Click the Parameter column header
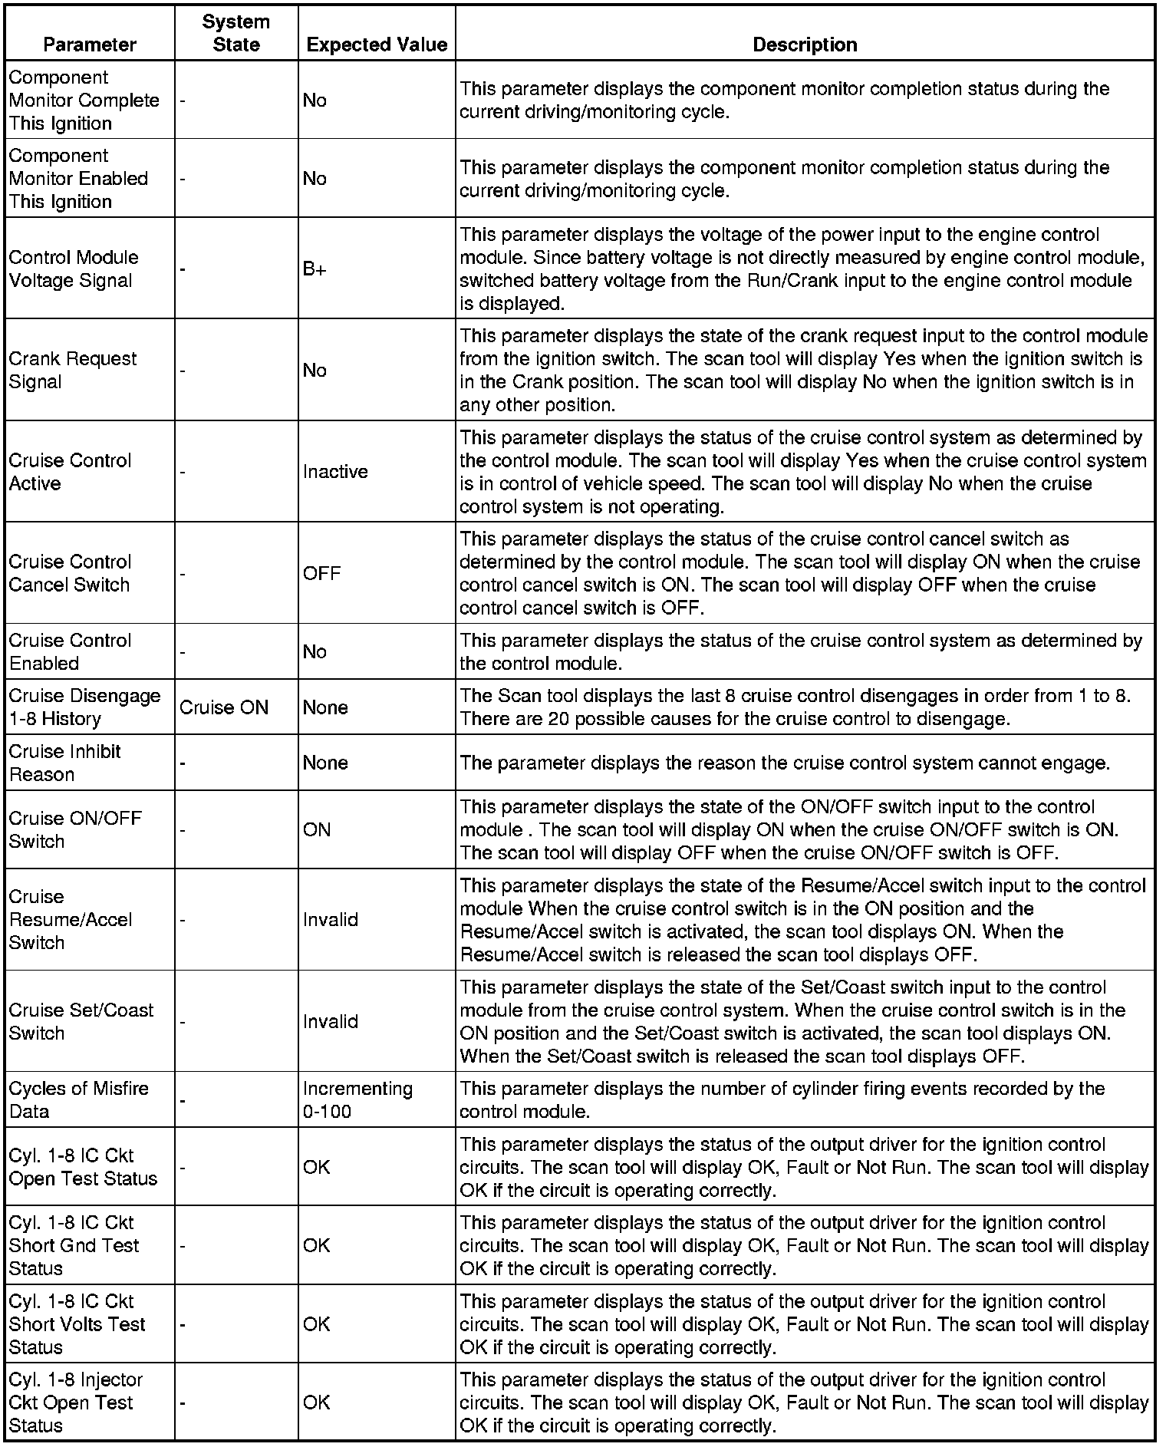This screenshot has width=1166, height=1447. [x=90, y=44]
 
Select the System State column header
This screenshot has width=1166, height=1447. [x=236, y=33]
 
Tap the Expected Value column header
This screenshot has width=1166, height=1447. [x=377, y=44]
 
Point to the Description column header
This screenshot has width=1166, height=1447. [x=805, y=44]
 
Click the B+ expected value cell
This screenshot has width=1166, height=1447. [x=315, y=269]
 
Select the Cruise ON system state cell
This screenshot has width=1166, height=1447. [x=224, y=707]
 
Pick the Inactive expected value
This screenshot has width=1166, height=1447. [x=335, y=472]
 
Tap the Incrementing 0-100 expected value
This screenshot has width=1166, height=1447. [x=357, y=1099]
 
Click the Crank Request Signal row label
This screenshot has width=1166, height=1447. [x=73, y=370]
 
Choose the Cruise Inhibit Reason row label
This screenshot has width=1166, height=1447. [x=65, y=763]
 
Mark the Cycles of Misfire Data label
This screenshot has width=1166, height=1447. [x=79, y=1099]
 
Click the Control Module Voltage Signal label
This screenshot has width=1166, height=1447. [x=74, y=269]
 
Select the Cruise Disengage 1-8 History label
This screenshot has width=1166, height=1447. [x=85, y=707]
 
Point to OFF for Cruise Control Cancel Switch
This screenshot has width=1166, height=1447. [x=321, y=573]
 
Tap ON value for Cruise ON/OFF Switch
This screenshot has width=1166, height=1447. [x=317, y=829]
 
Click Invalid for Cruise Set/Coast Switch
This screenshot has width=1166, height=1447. [x=331, y=1021]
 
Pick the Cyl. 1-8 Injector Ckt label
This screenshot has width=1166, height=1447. [x=76, y=1402]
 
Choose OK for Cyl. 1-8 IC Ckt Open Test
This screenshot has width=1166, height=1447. [x=317, y=1167]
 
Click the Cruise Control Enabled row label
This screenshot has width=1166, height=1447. [x=71, y=651]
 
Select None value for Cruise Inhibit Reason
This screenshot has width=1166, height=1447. [x=325, y=763]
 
